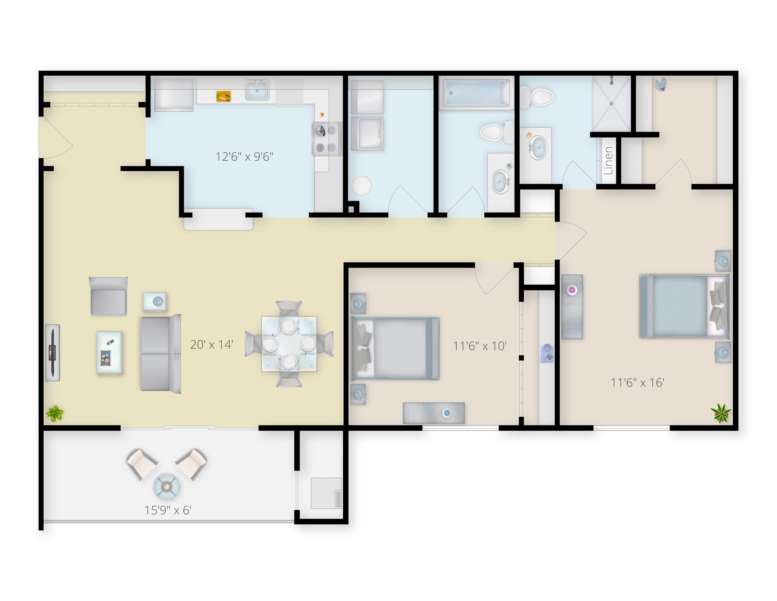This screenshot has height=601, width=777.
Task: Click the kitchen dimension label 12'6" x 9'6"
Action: [244, 157]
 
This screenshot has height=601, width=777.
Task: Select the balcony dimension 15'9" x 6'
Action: [168, 510]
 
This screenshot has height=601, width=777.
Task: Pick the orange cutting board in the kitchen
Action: [223, 96]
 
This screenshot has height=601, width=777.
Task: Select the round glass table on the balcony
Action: [166, 486]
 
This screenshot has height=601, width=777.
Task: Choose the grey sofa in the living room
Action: [161, 354]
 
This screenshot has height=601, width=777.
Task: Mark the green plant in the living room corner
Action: [55, 414]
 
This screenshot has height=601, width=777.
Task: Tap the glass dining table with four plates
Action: [289, 344]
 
